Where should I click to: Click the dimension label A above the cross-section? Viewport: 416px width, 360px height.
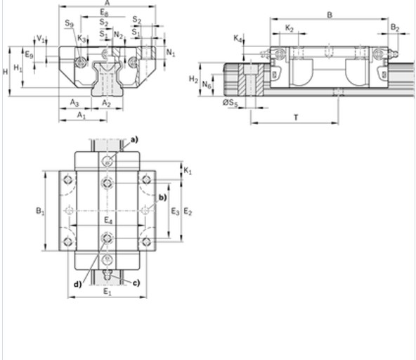(x=107, y=4)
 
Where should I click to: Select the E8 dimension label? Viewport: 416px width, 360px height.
(x=104, y=13)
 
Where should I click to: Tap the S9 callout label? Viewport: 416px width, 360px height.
(x=69, y=24)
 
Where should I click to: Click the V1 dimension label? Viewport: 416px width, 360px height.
(x=40, y=39)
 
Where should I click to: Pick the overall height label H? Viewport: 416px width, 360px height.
(x=5, y=72)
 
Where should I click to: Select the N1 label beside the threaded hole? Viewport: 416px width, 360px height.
(x=171, y=53)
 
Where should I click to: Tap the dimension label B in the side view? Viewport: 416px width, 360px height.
(x=330, y=15)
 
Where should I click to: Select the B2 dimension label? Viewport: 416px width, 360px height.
(x=395, y=28)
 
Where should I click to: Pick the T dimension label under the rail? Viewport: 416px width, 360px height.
(x=295, y=117)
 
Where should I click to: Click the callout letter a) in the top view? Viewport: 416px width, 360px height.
(x=134, y=139)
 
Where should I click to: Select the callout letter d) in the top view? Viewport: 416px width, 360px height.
(x=78, y=284)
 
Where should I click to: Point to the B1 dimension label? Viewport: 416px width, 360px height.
(x=40, y=210)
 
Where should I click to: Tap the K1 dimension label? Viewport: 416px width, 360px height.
(x=187, y=171)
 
